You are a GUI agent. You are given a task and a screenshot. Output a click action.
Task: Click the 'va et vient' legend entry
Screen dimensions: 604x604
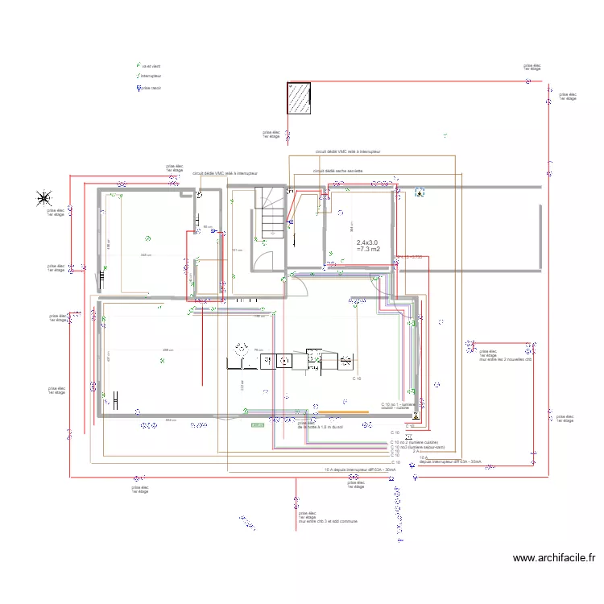(x=147, y=65)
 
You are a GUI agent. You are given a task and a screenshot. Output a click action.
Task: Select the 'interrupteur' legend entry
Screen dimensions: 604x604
(x=150, y=77)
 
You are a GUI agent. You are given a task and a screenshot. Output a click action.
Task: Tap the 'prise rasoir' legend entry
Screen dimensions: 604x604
(x=150, y=88)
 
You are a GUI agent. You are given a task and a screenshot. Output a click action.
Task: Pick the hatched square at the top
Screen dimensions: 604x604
(x=298, y=99)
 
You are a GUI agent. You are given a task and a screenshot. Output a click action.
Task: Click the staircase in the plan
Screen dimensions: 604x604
(x=271, y=213)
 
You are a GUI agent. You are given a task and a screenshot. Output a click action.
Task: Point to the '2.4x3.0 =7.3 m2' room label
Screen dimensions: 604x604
(x=367, y=246)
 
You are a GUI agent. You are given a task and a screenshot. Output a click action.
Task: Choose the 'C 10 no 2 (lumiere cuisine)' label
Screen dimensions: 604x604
(x=414, y=443)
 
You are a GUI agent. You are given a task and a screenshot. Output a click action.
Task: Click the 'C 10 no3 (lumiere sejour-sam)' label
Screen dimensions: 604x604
(x=417, y=448)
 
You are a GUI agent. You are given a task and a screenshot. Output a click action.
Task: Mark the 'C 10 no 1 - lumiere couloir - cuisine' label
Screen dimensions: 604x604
(x=399, y=405)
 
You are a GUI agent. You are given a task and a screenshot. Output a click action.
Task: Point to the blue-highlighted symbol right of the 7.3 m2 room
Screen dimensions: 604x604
(x=419, y=192)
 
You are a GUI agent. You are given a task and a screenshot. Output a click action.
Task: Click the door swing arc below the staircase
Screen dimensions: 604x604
(x=301, y=276)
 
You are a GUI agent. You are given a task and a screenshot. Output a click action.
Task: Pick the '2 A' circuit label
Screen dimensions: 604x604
(x=416, y=453)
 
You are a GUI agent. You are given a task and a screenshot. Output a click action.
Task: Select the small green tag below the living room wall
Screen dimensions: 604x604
(x=258, y=424)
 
